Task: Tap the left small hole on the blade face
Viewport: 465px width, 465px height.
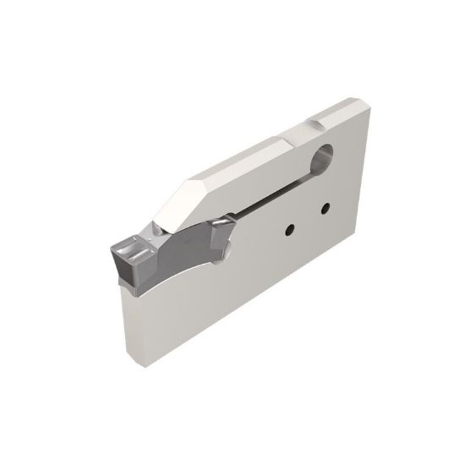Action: click(289, 227)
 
